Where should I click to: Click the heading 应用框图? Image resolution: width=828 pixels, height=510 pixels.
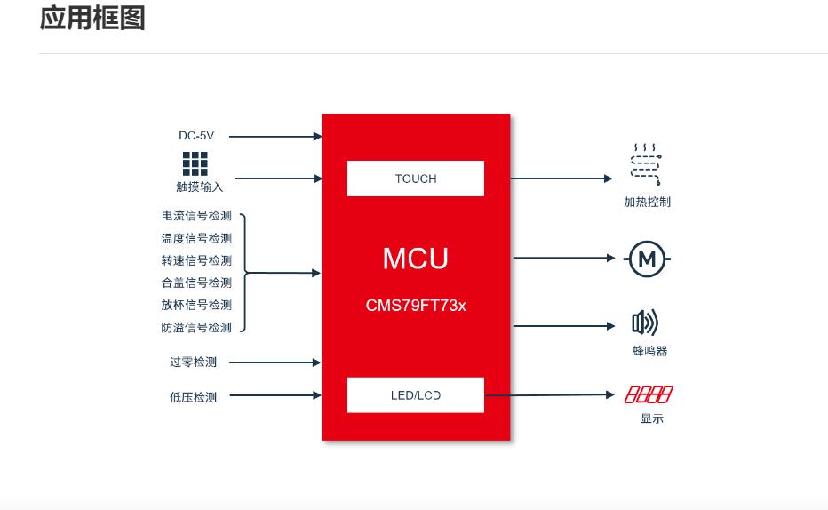[92, 18]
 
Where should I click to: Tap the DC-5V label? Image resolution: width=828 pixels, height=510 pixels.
[196, 136]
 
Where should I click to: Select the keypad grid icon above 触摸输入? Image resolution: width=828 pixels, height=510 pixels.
[195, 163]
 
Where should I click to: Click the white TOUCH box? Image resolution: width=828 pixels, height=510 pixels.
[416, 179]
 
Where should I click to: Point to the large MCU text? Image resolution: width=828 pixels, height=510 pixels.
[416, 259]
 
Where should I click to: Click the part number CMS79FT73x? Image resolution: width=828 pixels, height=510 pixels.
[416, 306]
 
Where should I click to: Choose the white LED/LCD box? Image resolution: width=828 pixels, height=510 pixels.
[416, 395]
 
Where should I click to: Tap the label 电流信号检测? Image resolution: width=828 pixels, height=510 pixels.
[196, 216]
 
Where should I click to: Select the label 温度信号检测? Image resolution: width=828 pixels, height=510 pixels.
[196, 238]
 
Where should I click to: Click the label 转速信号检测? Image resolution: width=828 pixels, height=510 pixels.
[196, 260]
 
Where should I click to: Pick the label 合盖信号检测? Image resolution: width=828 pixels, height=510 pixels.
[196, 283]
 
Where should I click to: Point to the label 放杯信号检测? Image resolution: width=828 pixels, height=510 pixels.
[196, 305]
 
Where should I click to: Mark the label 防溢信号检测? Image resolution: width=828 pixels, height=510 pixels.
[196, 327]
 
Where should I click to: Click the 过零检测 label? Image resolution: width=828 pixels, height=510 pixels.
[193, 363]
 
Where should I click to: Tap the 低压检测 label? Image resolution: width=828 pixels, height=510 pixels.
[193, 397]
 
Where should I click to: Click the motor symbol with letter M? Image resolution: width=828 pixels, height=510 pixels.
[648, 259]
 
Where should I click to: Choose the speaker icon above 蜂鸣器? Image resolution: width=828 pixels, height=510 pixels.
[645, 323]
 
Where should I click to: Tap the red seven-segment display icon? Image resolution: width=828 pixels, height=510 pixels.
[649, 394]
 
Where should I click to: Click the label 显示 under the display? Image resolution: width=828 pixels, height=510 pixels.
[651, 418]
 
